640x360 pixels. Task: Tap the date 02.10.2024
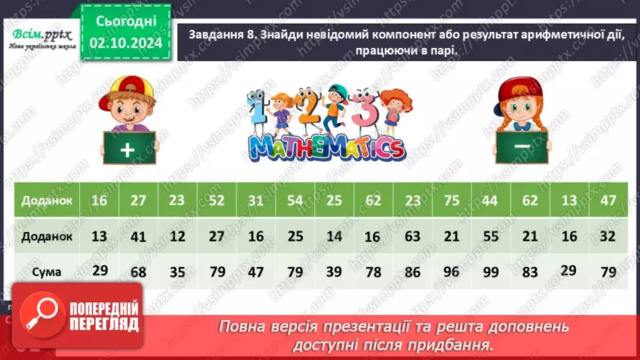click(x=125, y=42)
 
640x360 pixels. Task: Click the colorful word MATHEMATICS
click(x=326, y=147)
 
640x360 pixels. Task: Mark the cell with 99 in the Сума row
click(x=491, y=271)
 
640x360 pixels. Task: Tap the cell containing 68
click(x=139, y=272)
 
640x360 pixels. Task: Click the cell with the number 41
click(x=139, y=236)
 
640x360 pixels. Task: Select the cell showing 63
click(x=413, y=236)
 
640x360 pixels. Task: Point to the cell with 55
click(x=491, y=236)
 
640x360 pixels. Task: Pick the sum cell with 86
click(x=413, y=272)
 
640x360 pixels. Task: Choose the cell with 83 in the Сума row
click(x=530, y=272)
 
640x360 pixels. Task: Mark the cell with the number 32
click(x=608, y=236)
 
